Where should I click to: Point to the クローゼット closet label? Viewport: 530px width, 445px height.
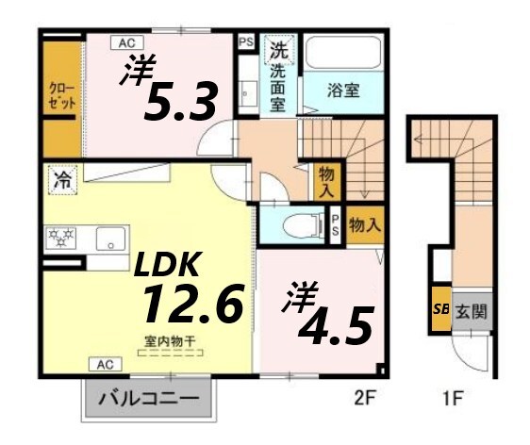[62, 95]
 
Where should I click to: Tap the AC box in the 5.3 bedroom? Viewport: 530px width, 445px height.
[125, 42]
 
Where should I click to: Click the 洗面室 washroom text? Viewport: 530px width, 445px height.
[278, 80]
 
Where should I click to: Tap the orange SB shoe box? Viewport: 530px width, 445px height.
[440, 308]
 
